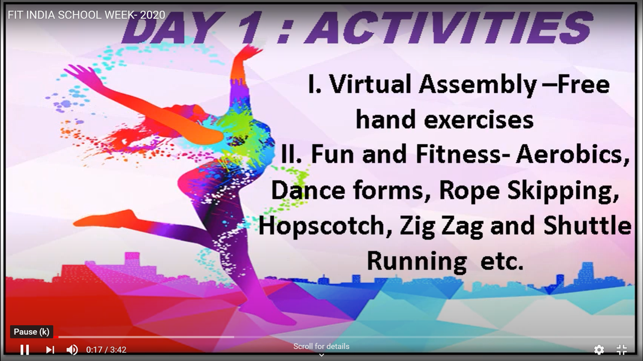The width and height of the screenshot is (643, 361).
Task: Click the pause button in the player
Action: pos(25,350)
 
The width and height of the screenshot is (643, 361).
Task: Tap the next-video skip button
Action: pos(50,350)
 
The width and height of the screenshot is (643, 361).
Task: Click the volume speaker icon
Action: pos(72,350)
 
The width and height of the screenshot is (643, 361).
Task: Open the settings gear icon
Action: pos(599,350)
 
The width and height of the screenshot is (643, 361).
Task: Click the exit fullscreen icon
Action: pos(622,350)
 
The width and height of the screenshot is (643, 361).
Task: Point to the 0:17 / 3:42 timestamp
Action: pos(106,350)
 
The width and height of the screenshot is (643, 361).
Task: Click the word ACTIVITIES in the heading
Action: pos(449,28)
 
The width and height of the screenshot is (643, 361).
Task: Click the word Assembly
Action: pos(478,85)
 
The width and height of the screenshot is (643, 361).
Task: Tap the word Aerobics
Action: pos(572,155)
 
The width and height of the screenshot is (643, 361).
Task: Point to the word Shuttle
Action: pos(587,225)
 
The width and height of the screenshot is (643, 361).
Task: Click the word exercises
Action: pos(479,120)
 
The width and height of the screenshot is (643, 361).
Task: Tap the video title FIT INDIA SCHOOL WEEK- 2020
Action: pos(86,15)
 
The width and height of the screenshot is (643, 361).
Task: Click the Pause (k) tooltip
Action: pos(32,332)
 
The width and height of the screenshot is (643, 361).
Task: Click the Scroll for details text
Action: pos(321,346)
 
